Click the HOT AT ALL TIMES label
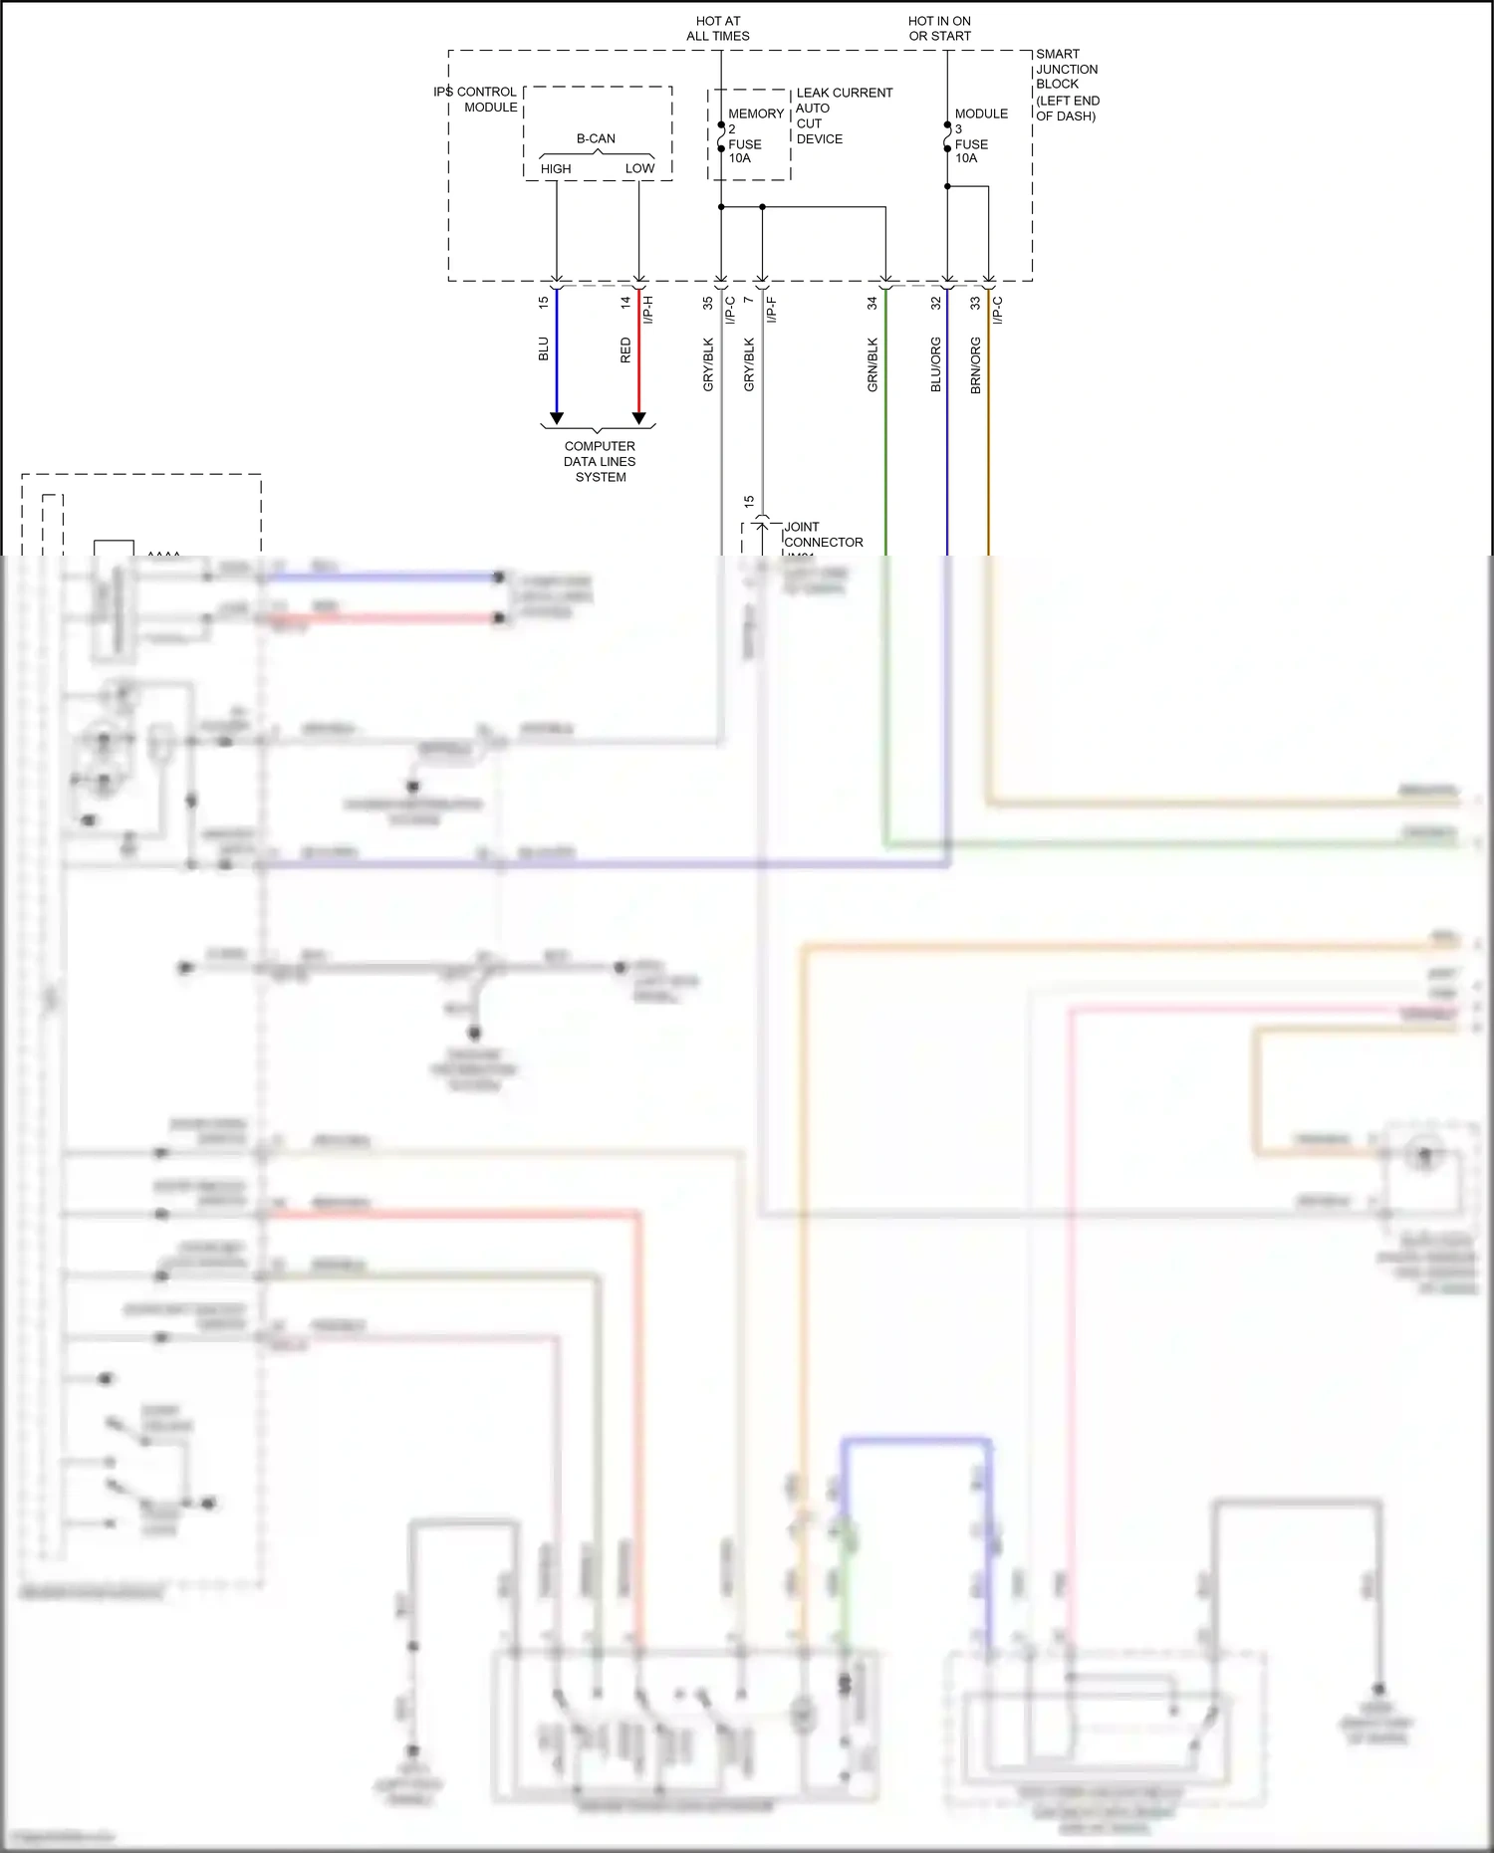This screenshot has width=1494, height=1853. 717,29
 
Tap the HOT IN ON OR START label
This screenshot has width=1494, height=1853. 939,29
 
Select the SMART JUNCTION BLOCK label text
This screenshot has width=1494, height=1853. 1067,85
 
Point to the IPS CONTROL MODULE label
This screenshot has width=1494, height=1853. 476,100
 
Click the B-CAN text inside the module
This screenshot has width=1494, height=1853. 596,138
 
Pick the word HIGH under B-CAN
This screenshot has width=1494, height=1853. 556,169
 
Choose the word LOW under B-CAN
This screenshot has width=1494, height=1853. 639,169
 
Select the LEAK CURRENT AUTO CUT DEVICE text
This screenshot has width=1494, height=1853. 843,116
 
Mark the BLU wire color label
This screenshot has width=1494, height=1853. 543,349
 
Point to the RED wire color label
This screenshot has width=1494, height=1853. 625,349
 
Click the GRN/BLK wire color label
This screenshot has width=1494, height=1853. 872,364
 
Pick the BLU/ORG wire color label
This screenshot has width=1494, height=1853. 935,364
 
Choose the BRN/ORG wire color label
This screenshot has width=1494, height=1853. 975,364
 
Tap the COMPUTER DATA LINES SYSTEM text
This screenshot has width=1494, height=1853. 600,462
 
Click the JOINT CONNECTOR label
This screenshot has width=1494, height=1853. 823,535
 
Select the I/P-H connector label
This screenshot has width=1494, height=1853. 648,310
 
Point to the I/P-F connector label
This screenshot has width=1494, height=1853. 772,310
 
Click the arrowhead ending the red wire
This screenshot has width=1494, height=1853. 639,418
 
